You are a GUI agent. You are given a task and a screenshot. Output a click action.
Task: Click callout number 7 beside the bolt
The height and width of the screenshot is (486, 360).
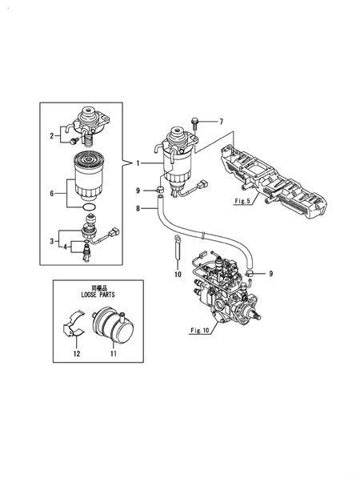click(222, 122)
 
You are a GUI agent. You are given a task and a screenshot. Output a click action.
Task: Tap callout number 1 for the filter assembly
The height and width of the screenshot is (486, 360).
click(137, 163)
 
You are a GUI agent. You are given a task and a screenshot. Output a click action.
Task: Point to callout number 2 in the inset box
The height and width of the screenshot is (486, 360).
click(53, 136)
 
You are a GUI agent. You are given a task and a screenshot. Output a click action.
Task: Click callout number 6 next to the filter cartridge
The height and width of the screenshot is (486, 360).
click(53, 193)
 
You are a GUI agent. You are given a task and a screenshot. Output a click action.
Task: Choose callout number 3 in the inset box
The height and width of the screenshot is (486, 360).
click(53, 239)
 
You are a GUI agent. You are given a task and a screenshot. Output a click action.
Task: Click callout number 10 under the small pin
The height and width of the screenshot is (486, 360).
click(178, 274)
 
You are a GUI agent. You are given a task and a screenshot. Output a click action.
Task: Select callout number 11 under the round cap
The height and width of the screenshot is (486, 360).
click(113, 353)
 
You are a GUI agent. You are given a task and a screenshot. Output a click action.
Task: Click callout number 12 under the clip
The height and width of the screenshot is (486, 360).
click(77, 353)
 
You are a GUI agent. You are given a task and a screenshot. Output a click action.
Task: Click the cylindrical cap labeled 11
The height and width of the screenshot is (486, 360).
click(111, 327)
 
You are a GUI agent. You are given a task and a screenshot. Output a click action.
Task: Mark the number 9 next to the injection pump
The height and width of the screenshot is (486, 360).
click(270, 274)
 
